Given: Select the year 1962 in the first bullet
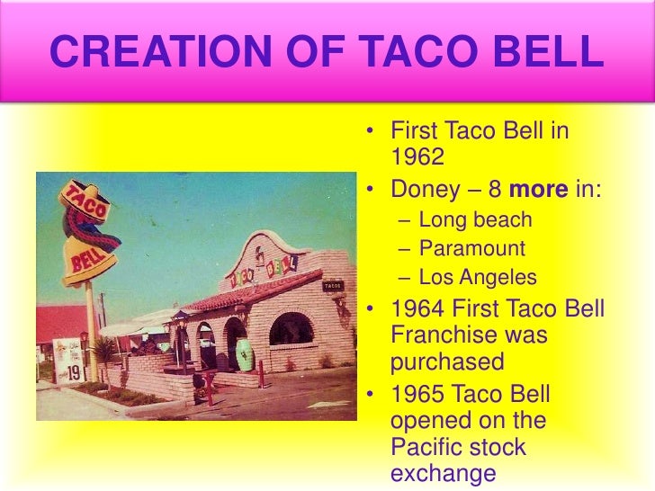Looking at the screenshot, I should tap(418, 157).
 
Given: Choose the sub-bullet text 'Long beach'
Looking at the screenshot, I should tap(476, 219).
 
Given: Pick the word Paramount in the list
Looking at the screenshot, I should tap(472, 248).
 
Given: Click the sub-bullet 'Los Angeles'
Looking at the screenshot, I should tap(478, 277).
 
